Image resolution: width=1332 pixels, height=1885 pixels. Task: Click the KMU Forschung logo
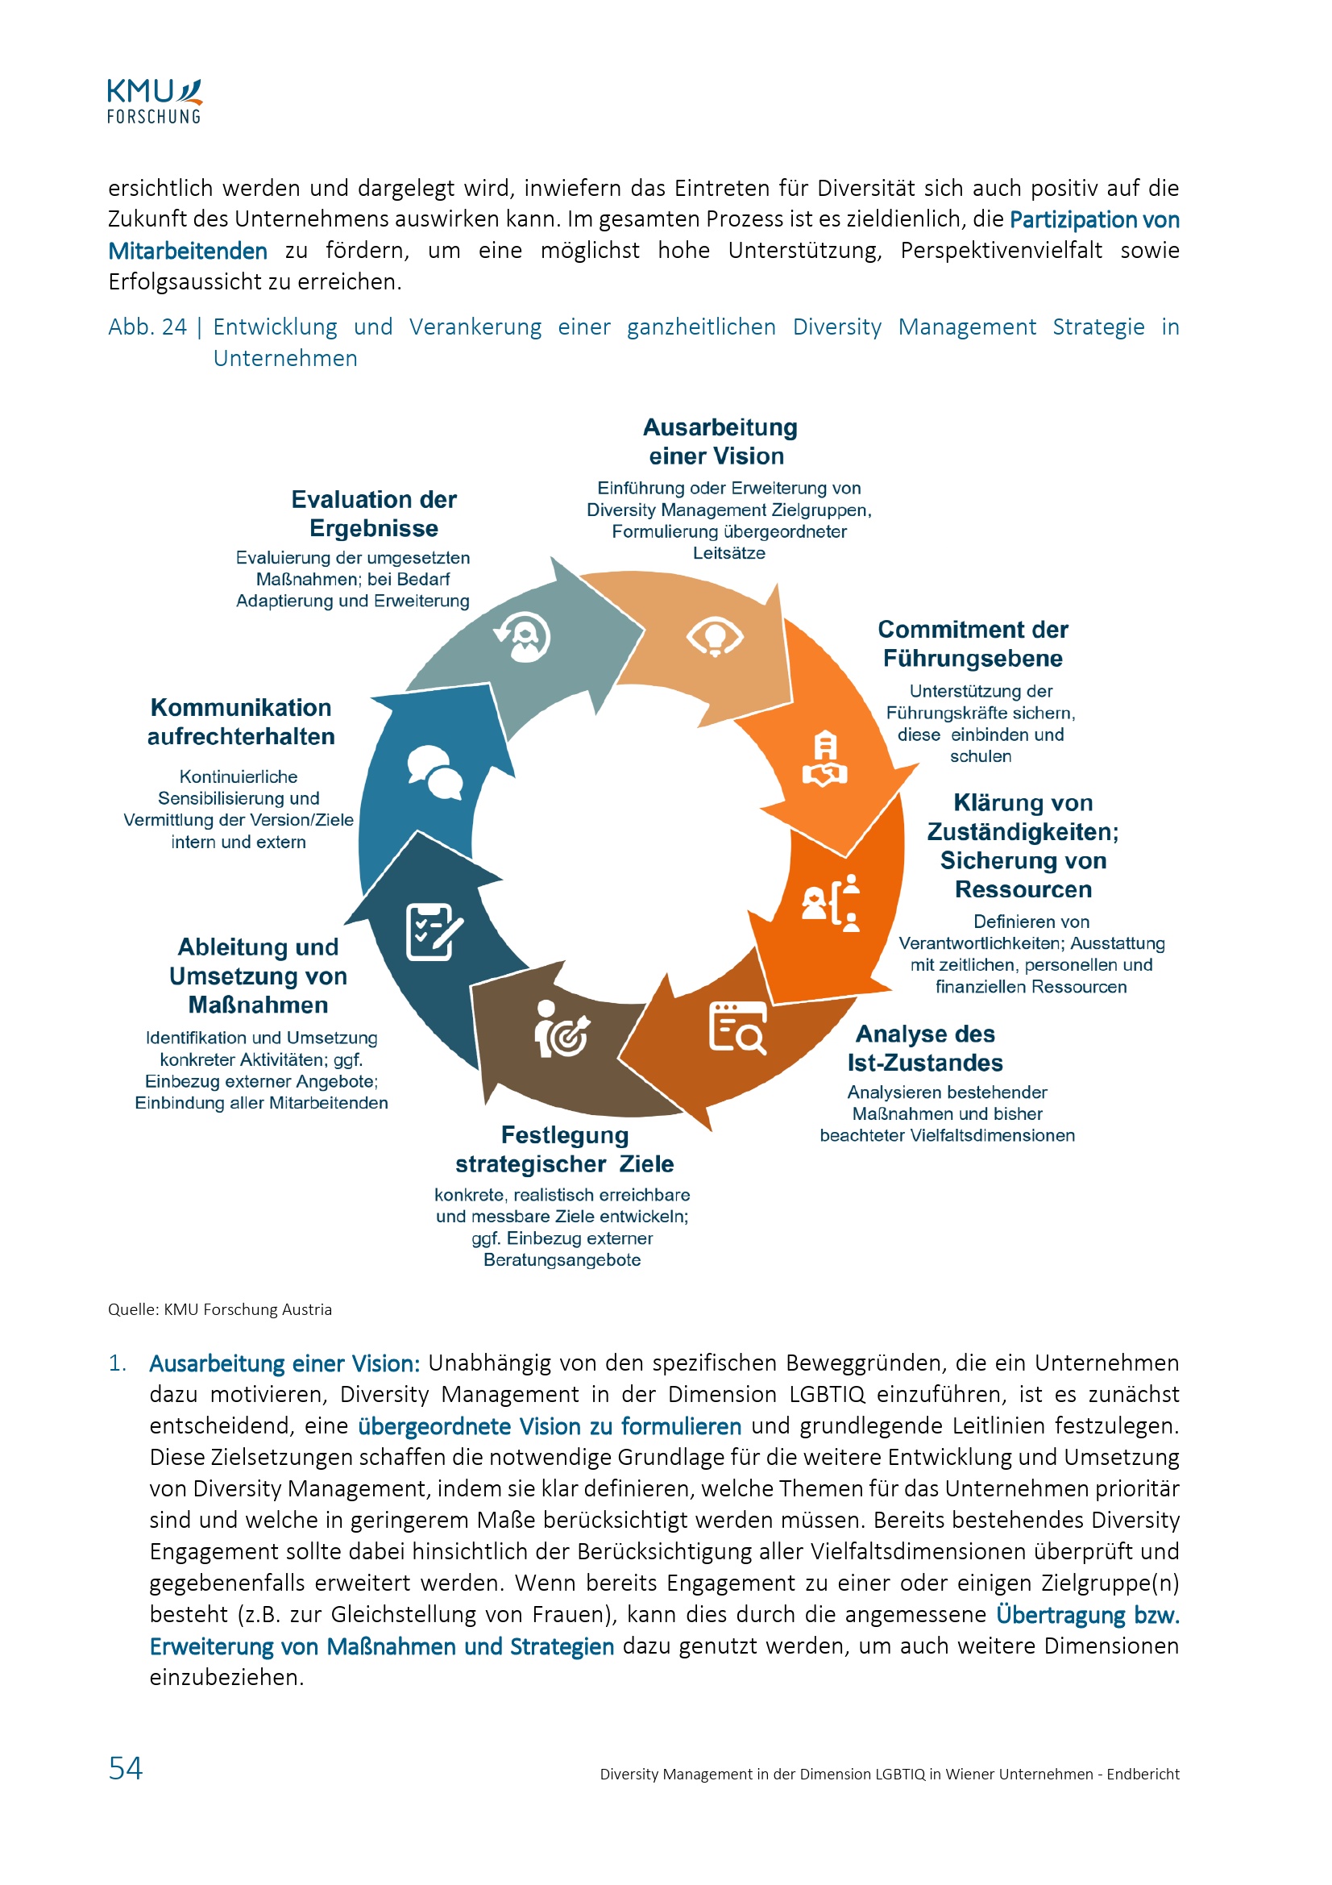154,101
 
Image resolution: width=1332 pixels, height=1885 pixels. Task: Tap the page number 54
126,1767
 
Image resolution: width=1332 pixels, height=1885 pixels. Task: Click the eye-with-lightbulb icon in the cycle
714,637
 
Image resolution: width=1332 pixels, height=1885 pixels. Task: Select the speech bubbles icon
435,772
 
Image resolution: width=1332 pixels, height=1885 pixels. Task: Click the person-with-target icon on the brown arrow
562,1029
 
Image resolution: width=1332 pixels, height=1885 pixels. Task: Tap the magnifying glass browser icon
737,1027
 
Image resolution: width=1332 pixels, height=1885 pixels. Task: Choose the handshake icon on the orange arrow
825,759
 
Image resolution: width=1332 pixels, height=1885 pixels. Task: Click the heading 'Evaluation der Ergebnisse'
373,514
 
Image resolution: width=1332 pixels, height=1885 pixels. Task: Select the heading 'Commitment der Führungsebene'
973,643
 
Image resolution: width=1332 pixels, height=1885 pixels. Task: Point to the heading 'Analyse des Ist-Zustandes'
925,1048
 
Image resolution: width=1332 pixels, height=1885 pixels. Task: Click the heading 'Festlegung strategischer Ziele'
565,1150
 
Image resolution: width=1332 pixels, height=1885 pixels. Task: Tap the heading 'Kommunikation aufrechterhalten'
241,722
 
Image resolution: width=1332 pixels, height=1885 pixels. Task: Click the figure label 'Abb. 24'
147,327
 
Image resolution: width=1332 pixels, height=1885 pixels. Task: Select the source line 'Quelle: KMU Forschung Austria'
220,1309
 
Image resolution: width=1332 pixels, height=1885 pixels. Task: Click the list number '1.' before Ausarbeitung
118,1363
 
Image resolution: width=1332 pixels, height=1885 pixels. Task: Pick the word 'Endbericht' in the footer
1143,1775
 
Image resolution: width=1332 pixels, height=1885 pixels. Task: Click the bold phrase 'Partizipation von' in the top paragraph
1094,220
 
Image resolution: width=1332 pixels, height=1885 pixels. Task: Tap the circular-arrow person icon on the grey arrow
522,637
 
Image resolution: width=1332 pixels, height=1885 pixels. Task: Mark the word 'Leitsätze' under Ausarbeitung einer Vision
728,553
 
